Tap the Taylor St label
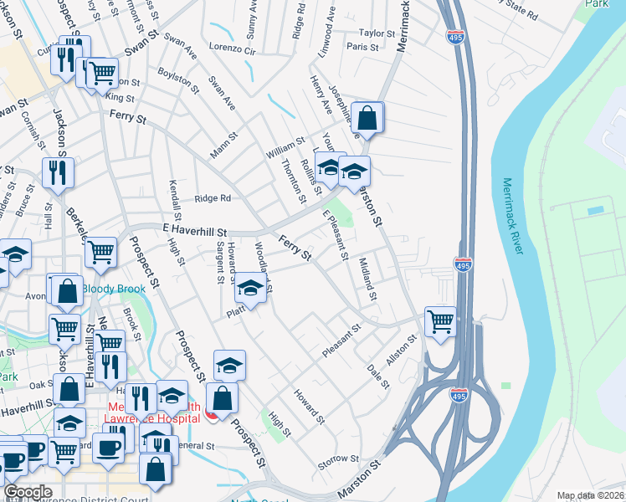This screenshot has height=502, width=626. click(377, 33)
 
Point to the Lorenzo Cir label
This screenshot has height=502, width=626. click(232, 49)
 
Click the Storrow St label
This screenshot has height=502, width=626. click(338, 461)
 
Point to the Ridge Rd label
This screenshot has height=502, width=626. click(212, 198)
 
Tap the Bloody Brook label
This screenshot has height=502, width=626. click(113, 289)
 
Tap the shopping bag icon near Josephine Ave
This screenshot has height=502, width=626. click(367, 117)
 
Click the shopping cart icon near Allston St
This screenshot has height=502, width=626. click(440, 320)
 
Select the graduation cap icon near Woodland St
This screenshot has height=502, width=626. click(249, 288)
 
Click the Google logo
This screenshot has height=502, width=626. click(28, 491)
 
